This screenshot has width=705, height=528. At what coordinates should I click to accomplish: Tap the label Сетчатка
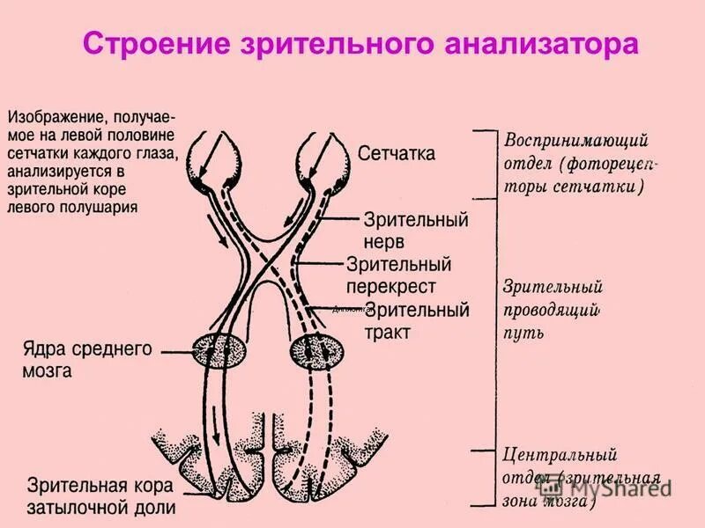397,154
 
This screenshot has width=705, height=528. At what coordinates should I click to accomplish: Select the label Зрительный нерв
415,228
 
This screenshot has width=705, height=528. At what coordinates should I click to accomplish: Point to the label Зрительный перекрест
399,275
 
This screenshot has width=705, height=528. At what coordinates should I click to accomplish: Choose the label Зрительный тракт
416,320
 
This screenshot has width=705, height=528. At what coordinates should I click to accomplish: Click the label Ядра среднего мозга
87,359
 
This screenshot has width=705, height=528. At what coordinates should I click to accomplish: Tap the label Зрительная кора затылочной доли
101,496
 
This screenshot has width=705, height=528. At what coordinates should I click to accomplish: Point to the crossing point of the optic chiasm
267,255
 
